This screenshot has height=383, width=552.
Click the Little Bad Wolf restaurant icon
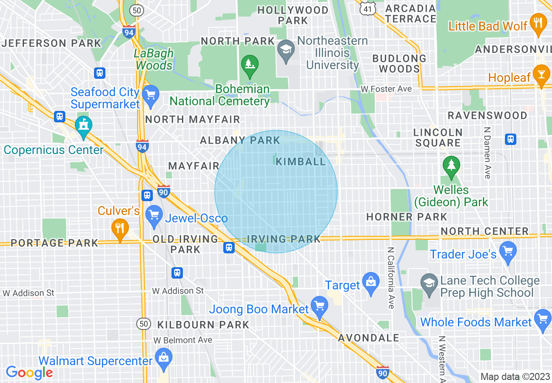[539, 24]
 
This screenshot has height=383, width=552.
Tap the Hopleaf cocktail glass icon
[542, 75]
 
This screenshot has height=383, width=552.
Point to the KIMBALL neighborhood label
[301, 161]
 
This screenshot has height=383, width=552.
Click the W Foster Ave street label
[386, 89]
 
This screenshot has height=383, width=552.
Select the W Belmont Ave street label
[182, 340]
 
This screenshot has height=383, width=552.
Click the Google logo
[29, 373]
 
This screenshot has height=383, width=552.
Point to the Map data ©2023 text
[515, 376]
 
